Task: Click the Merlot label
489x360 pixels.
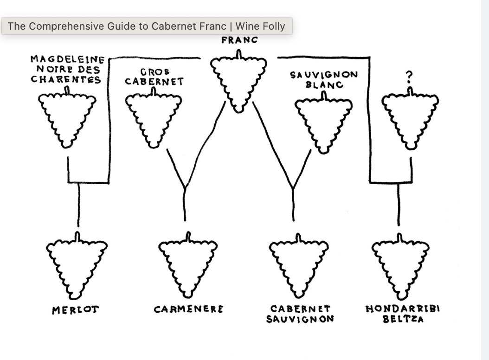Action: point(76,310)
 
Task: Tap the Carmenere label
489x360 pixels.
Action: point(188,309)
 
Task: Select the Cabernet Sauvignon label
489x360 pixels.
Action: point(300,314)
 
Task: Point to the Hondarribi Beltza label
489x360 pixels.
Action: point(402,314)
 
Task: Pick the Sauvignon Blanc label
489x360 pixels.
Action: point(324,79)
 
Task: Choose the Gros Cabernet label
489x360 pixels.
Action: point(154,77)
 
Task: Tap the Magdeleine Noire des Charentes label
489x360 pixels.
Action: point(66,69)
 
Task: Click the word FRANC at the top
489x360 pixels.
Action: point(239,40)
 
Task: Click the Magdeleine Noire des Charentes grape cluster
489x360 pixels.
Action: point(67,118)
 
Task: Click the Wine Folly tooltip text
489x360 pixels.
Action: point(147,26)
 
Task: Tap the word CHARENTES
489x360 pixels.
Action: point(66,79)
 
